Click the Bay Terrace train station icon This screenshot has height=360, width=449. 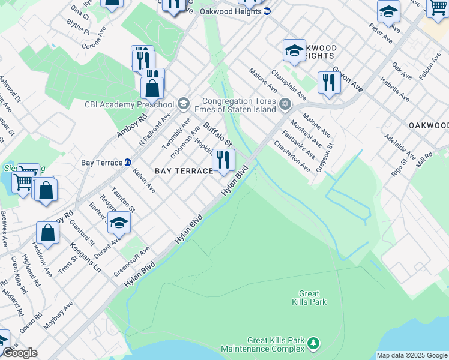coord(127,163)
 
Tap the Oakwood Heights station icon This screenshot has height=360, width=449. coord(267,11)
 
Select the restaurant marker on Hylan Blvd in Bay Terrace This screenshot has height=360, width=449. coord(223,160)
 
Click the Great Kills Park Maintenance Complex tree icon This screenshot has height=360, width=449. coord(312,343)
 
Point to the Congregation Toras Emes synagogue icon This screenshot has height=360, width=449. coord(286,104)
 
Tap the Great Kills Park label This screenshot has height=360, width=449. coord(309,298)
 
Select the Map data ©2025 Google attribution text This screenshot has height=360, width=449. coord(411,355)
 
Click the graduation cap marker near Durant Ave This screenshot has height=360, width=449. coord(119,223)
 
